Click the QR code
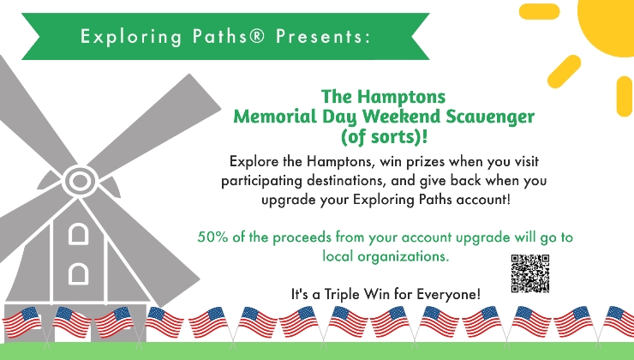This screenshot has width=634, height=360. tap(530, 273)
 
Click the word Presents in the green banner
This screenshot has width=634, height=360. tap(323, 36)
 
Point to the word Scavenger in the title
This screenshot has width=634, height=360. tap(490, 117)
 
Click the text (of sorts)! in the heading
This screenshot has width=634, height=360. tap(384, 136)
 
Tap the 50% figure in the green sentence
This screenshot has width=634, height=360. tap(212, 237)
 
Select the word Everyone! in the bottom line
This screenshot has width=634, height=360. tap(449, 294)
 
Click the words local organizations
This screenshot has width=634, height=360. tap(386, 255)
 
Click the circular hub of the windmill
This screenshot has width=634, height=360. tap(80, 181)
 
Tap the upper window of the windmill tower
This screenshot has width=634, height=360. tap(79, 234)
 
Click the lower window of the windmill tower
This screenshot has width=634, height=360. tap(79, 273)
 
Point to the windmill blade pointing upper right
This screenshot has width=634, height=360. tap(153, 125)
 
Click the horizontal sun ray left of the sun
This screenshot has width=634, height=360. tap(540, 11)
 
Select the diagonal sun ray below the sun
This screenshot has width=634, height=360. tap(564, 72)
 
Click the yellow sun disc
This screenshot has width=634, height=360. tap(608, 24)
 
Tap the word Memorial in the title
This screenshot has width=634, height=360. tap(275, 117)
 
